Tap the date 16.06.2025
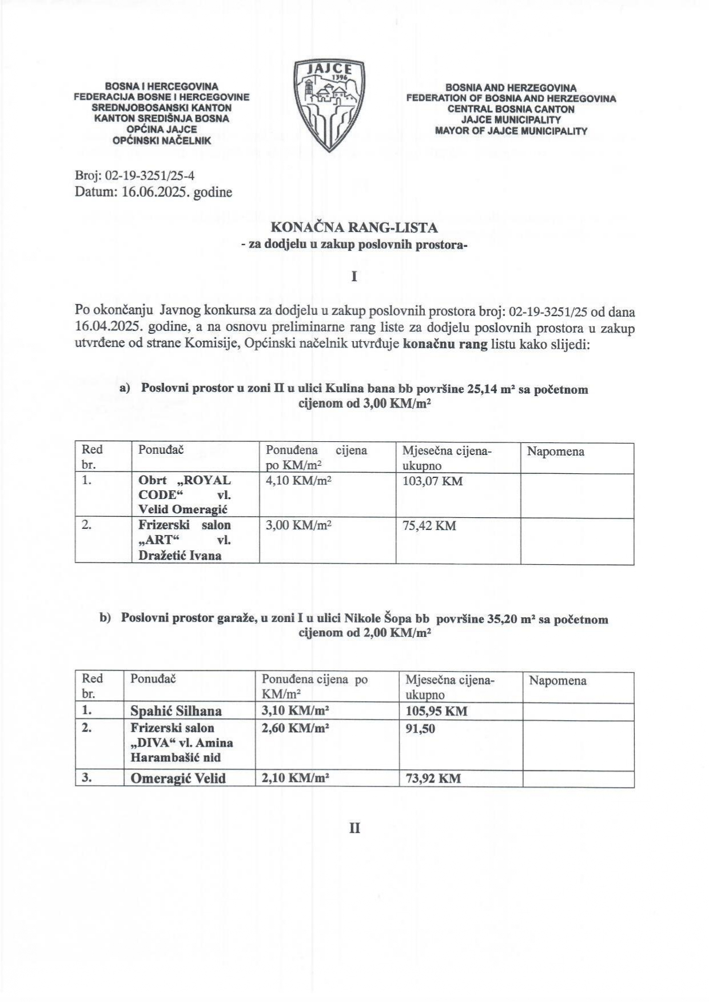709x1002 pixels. pyautogui.click(x=156, y=192)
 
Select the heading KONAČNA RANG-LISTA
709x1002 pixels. pyautogui.click(x=354, y=227)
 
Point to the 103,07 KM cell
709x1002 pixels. pyautogui.click(x=432, y=481)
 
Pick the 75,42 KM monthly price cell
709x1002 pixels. pyautogui.click(x=429, y=525)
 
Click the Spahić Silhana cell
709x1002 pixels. pyautogui.click(x=176, y=711)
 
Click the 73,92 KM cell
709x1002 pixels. pyautogui.click(x=433, y=778)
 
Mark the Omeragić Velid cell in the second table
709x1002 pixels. pyautogui.click(x=178, y=778)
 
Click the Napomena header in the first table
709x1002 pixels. pyautogui.click(x=555, y=452)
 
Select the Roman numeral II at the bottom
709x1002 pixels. pyautogui.click(x=354, y=828)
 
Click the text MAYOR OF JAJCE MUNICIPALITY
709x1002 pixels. pyautogui.click(x=511, y=131)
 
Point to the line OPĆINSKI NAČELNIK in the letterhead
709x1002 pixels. pyautogui.click(x=162, y=140)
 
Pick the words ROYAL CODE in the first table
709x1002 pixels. pyautogui.click(x=184, y=487)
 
